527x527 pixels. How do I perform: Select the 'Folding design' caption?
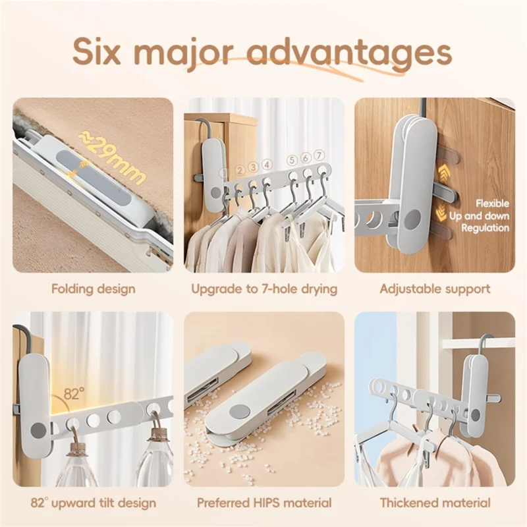93,289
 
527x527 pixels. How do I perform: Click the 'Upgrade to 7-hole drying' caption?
264,289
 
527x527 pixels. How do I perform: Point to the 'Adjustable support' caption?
435,289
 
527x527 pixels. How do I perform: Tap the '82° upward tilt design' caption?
93,503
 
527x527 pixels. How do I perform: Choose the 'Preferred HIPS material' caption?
264,503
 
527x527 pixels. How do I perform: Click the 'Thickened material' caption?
435,503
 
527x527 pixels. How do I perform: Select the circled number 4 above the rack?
267,165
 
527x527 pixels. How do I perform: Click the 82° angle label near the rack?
74,394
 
